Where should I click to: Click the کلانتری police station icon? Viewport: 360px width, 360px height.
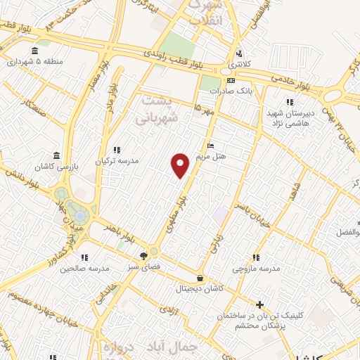(x=239, y=53)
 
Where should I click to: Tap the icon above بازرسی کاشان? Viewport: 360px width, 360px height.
(x=56, y=155)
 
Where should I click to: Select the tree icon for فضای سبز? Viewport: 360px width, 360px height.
(x=144, y=256)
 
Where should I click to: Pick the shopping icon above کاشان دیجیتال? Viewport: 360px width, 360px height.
(x=200, y=278)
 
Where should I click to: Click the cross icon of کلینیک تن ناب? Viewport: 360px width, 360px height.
(x=259, y=304)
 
